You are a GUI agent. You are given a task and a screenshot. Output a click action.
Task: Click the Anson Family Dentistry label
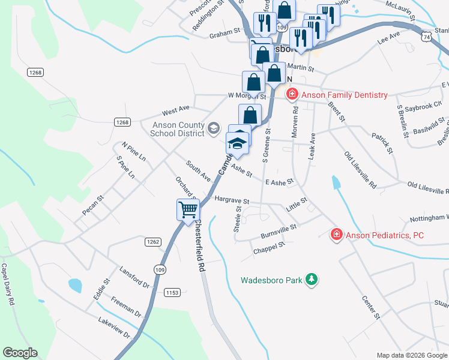[x=344, y=95]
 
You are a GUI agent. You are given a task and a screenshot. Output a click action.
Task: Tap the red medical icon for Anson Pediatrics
[x=337, y=235]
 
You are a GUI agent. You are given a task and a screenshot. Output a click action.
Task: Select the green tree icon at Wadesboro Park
[x=311, y=279]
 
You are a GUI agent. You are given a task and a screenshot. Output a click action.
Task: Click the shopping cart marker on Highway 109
[x=188, y=210]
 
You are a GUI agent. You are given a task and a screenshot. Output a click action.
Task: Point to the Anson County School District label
[x=178, y=129]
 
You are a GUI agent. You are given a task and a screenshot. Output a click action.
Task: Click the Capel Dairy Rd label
[x=7, y=284]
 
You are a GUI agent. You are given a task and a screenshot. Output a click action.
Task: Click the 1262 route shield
[x=152, y=242]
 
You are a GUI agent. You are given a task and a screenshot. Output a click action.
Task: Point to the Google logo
[x=20, y=353]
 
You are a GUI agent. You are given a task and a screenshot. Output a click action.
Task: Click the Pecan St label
[x=93, y=205]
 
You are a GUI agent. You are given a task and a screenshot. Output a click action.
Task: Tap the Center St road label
[x=370, y=306]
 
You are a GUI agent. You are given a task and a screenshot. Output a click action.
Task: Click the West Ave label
[x=176, y=110]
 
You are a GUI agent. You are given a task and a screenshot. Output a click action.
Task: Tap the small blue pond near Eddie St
[x=75, y=285]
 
